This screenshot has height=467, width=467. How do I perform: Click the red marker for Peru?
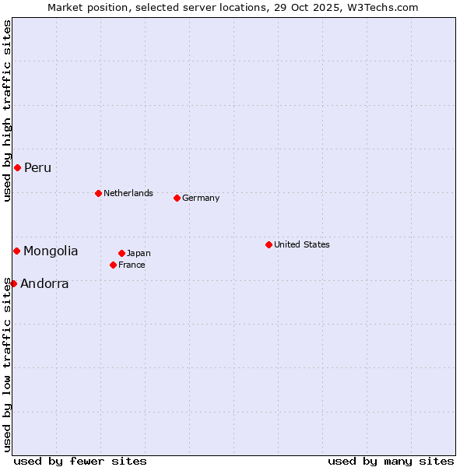[17, 167]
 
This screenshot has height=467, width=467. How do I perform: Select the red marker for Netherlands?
[98, 193]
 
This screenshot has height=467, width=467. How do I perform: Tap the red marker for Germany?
[177, 198]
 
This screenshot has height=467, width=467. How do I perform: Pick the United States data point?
[269, 244]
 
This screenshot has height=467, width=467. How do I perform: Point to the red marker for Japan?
[121, 253]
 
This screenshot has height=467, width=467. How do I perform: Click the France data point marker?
[113, 265]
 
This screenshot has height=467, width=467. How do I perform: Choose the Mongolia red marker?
[16, 251]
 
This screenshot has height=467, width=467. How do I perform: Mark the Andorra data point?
[13, 283]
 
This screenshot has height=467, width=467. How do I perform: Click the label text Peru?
[37, 168]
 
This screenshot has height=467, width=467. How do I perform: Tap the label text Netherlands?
[128, 193]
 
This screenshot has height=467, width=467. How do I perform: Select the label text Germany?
[201, 198]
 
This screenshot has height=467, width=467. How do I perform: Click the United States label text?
[302, 244]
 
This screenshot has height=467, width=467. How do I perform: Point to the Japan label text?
[139, 253]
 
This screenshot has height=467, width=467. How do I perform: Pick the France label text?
[132, 265]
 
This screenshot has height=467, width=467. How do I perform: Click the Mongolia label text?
[51, 251]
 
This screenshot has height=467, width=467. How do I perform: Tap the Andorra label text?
[44, 284]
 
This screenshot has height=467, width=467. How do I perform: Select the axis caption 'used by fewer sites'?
[80, 461]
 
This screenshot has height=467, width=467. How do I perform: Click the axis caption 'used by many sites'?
[391, 461]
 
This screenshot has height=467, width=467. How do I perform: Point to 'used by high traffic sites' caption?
[7, 111]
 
